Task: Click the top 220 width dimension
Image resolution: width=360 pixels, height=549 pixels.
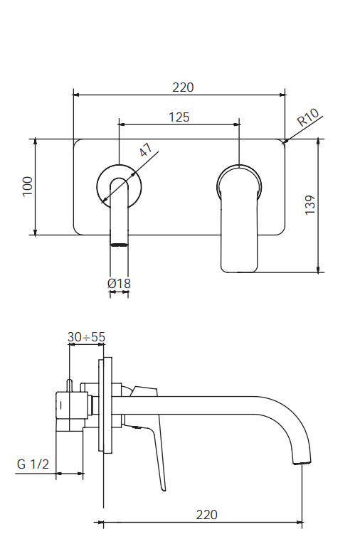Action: coord(183,87)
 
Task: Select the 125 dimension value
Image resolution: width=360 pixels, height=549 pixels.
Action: coord(179,117)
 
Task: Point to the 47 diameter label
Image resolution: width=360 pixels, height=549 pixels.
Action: coord(145,151)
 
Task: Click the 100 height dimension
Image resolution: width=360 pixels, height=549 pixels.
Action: coord(28,186)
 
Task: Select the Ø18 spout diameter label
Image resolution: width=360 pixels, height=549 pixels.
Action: coord(119,283)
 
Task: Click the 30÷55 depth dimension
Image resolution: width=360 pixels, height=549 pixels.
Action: coord(86,337)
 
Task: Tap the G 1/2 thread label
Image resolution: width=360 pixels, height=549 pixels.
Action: coord(33,464)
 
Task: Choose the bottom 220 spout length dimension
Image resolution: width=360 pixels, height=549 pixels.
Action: coord(206,514)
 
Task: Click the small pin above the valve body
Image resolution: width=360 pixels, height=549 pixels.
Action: coord(70,384)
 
